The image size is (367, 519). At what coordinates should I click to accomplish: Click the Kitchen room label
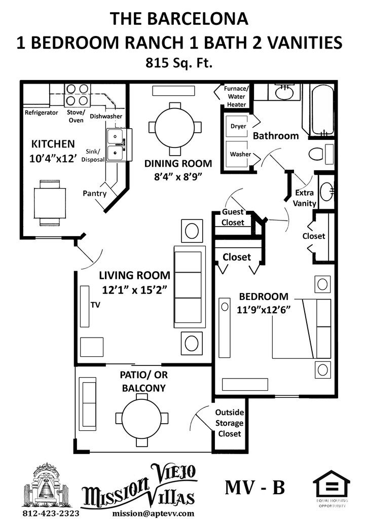point(53,144)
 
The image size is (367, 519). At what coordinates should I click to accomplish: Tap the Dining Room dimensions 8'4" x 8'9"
point(178,176)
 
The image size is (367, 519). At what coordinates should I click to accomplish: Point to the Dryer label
point(238,126)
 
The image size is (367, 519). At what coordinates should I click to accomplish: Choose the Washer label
point(240,154)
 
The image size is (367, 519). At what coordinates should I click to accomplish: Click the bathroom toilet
point(321,154)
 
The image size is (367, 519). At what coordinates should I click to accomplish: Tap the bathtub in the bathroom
point(318,110)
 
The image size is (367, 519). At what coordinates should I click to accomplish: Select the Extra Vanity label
point(305,198)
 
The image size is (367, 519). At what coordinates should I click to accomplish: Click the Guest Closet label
point(233,217)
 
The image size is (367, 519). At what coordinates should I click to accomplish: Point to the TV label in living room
point(95,305)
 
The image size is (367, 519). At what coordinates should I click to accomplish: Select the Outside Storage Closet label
point(229,423)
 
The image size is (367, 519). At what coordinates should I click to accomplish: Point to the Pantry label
point(95,194)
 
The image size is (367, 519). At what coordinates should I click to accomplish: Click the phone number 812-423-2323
point(51,513)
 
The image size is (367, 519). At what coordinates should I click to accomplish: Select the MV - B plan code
point(254,487)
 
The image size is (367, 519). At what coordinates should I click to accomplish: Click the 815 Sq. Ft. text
point(179,63)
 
